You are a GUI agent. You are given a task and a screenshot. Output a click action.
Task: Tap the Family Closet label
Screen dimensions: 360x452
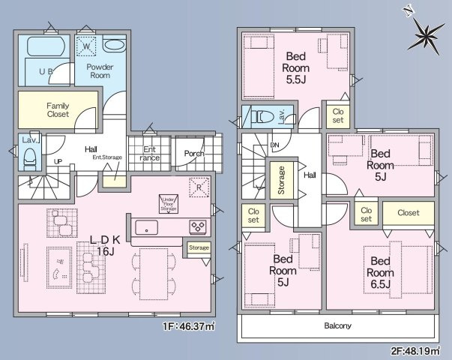[x=58, y=110]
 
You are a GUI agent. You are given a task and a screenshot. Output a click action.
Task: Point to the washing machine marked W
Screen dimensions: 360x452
[x=86, y=46]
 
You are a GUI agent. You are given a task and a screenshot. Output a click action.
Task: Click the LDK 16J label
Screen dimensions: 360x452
[x=105, y=244]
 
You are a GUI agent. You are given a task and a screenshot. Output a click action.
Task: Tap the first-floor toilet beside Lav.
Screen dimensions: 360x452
[x=30, y=158]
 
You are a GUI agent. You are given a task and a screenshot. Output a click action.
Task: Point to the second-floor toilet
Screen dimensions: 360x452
[x=262, y=118]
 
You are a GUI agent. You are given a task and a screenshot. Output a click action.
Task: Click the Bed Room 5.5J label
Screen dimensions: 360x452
[x=294, y=67]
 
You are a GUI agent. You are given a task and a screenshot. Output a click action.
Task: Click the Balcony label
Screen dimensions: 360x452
[x=337, y=326]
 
